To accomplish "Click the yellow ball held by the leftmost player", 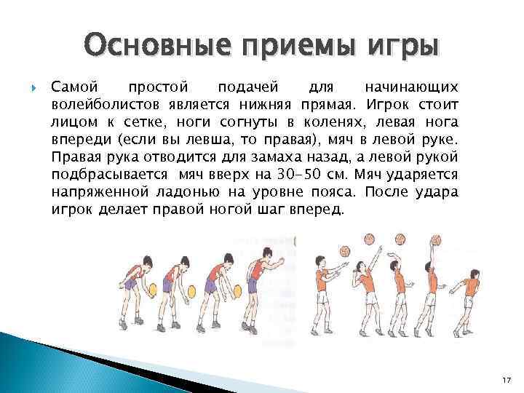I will pos(154,289).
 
